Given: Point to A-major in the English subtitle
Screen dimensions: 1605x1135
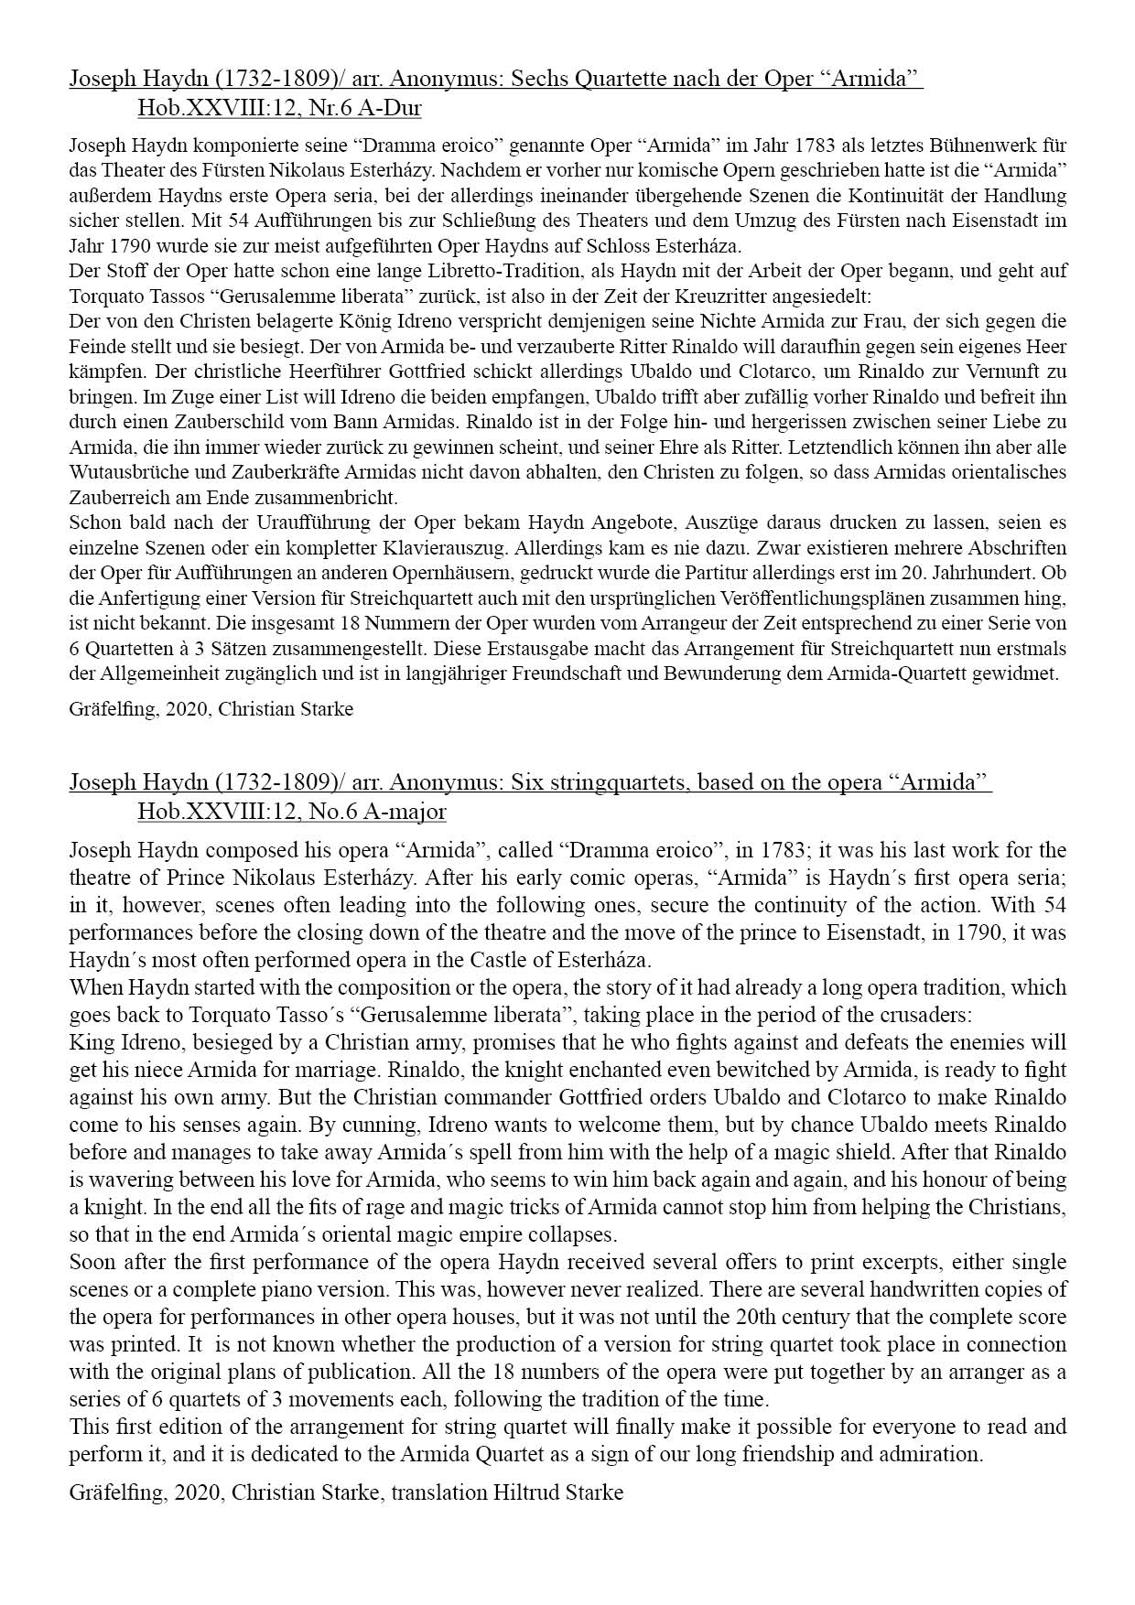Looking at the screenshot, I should (409, 812).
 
